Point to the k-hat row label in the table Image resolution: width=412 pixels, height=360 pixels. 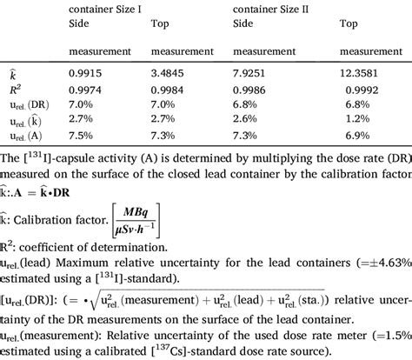pyautogui.click(x=9, y=75)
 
